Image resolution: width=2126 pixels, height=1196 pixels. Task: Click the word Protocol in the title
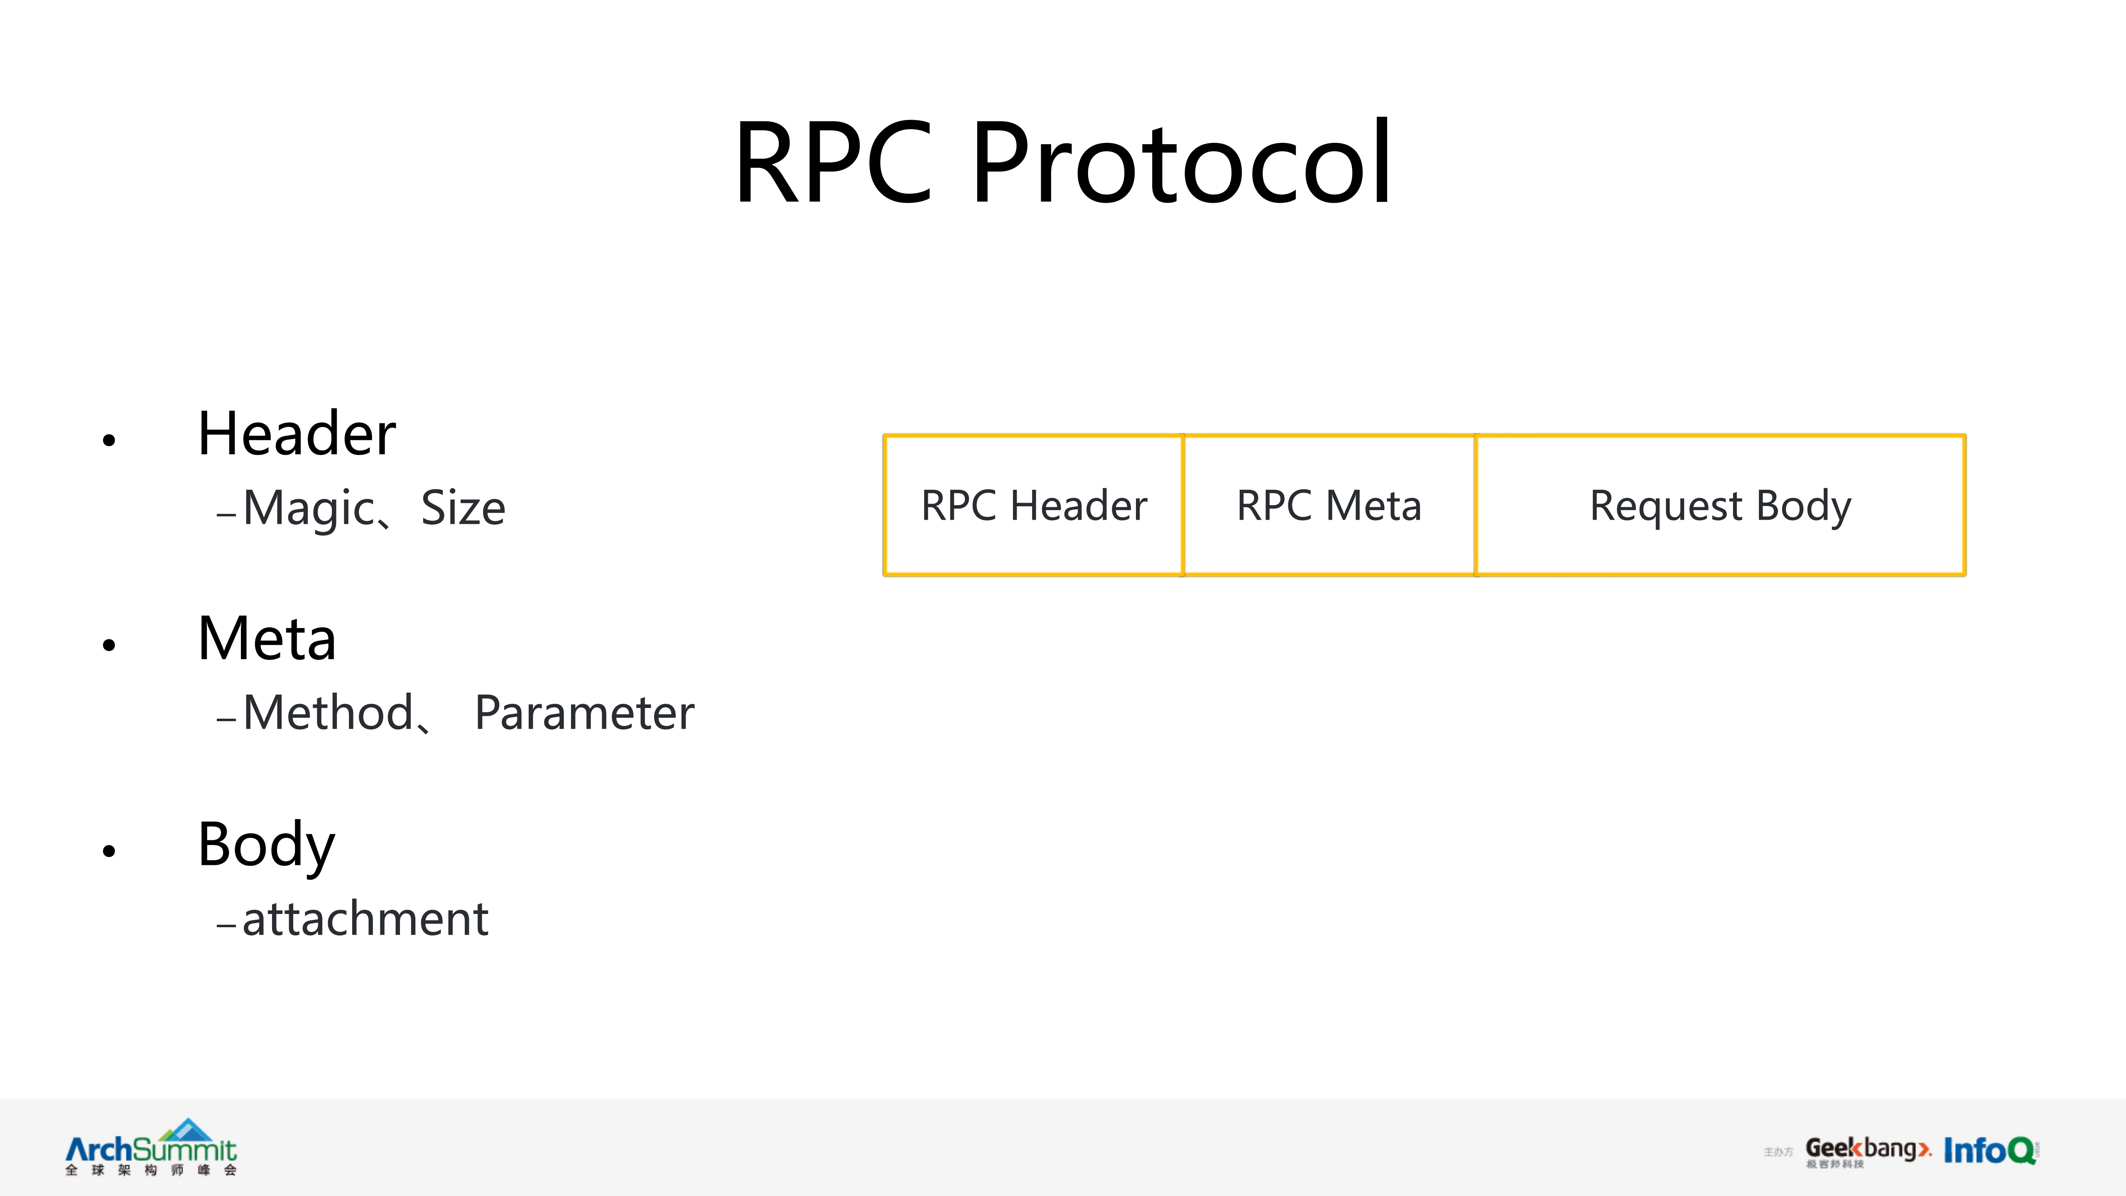pyautogui.click(x=1182, y=162)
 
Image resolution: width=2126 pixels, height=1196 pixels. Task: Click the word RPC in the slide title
pyautogui.click(x=834, y=162)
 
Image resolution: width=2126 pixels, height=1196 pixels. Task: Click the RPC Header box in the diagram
pyautogui.click(x=1033, y=505)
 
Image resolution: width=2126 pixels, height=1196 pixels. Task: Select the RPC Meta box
pyautogui.click(x=1329, y=505)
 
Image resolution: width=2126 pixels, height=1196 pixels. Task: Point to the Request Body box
pyautogui.click(x=1720, y=505)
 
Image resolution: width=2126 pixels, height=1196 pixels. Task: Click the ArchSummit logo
pyautogui.click(x=151, y=1147)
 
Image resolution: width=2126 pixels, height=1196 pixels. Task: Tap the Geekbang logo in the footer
pyautogui.click(x=1867, y=1150)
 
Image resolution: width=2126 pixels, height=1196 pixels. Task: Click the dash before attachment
pyautogui.click(x=226, y=925)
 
